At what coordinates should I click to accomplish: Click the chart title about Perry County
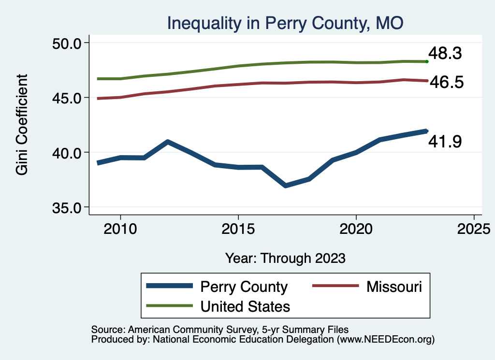click(x=285, y=23)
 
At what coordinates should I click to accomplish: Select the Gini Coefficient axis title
click(x=22, y=125)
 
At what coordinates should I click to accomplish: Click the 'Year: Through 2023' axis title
click(x=285, y=258)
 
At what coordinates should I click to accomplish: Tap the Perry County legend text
click(x=244, y=287)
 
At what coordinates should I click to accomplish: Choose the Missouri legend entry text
click(x=394, y=287)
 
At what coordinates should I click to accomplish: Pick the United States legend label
click(x=245, y=306)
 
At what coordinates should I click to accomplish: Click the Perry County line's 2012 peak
click(x=167, y=142)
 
